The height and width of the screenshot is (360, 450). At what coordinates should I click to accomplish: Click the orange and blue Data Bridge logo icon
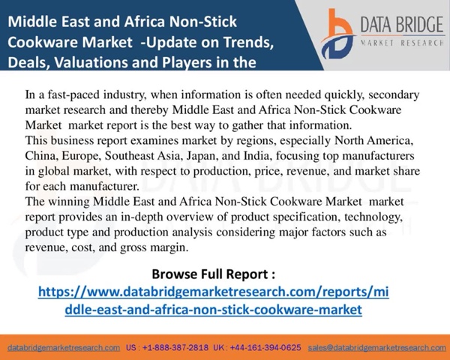click(x=338, y=34)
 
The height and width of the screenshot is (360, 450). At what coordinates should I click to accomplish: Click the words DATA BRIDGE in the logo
click(x=402, y=25)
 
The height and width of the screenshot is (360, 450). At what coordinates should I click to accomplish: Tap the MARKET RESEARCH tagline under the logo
click(x=402, y=43)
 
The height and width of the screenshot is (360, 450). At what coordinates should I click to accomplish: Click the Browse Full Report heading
click(x=214, y=274)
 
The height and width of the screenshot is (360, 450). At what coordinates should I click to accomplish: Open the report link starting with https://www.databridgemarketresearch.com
click(x=214, y=292)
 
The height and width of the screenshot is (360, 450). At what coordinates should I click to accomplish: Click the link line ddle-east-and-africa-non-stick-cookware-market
click(x=214, y=310)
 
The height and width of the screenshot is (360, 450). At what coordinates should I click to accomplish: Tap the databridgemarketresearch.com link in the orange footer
click(x=64, y=348)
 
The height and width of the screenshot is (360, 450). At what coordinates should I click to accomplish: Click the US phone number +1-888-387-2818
click(x=175, y=348)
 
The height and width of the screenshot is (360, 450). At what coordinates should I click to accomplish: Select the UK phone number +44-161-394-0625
click(x=265, y=348)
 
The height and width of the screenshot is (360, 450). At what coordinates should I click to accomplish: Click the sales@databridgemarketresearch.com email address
click(x=376, y=348)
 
